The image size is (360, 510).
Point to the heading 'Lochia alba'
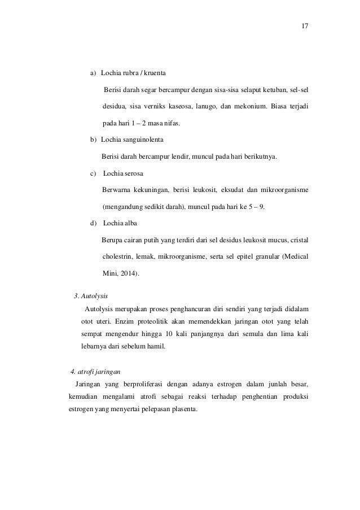120,223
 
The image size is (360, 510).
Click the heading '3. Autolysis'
91,295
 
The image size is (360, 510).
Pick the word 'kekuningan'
150,190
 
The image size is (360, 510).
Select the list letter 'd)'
94,223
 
